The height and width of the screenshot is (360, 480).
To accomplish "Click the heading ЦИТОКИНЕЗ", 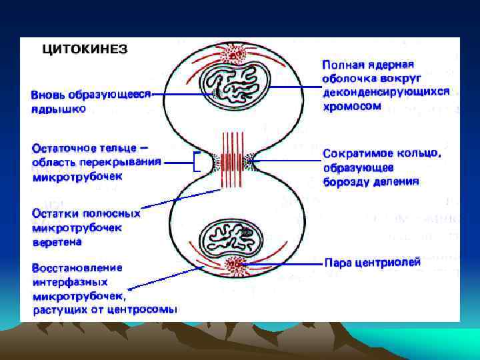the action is pos(85,49).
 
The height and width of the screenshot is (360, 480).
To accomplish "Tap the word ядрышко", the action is pos(58,109).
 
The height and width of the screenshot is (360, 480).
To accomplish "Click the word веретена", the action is pos(59,243).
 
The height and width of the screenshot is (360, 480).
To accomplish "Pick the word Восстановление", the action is pos(77,268).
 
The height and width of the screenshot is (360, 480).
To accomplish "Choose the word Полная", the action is pos(343,65).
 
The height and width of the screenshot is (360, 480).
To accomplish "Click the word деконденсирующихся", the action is pos(386,92).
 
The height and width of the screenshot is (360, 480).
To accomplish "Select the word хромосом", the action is pos(352,106).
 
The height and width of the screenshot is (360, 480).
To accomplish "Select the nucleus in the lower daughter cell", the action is pos(233,237).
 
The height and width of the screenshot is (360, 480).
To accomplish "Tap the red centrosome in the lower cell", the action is pos(235,265).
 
